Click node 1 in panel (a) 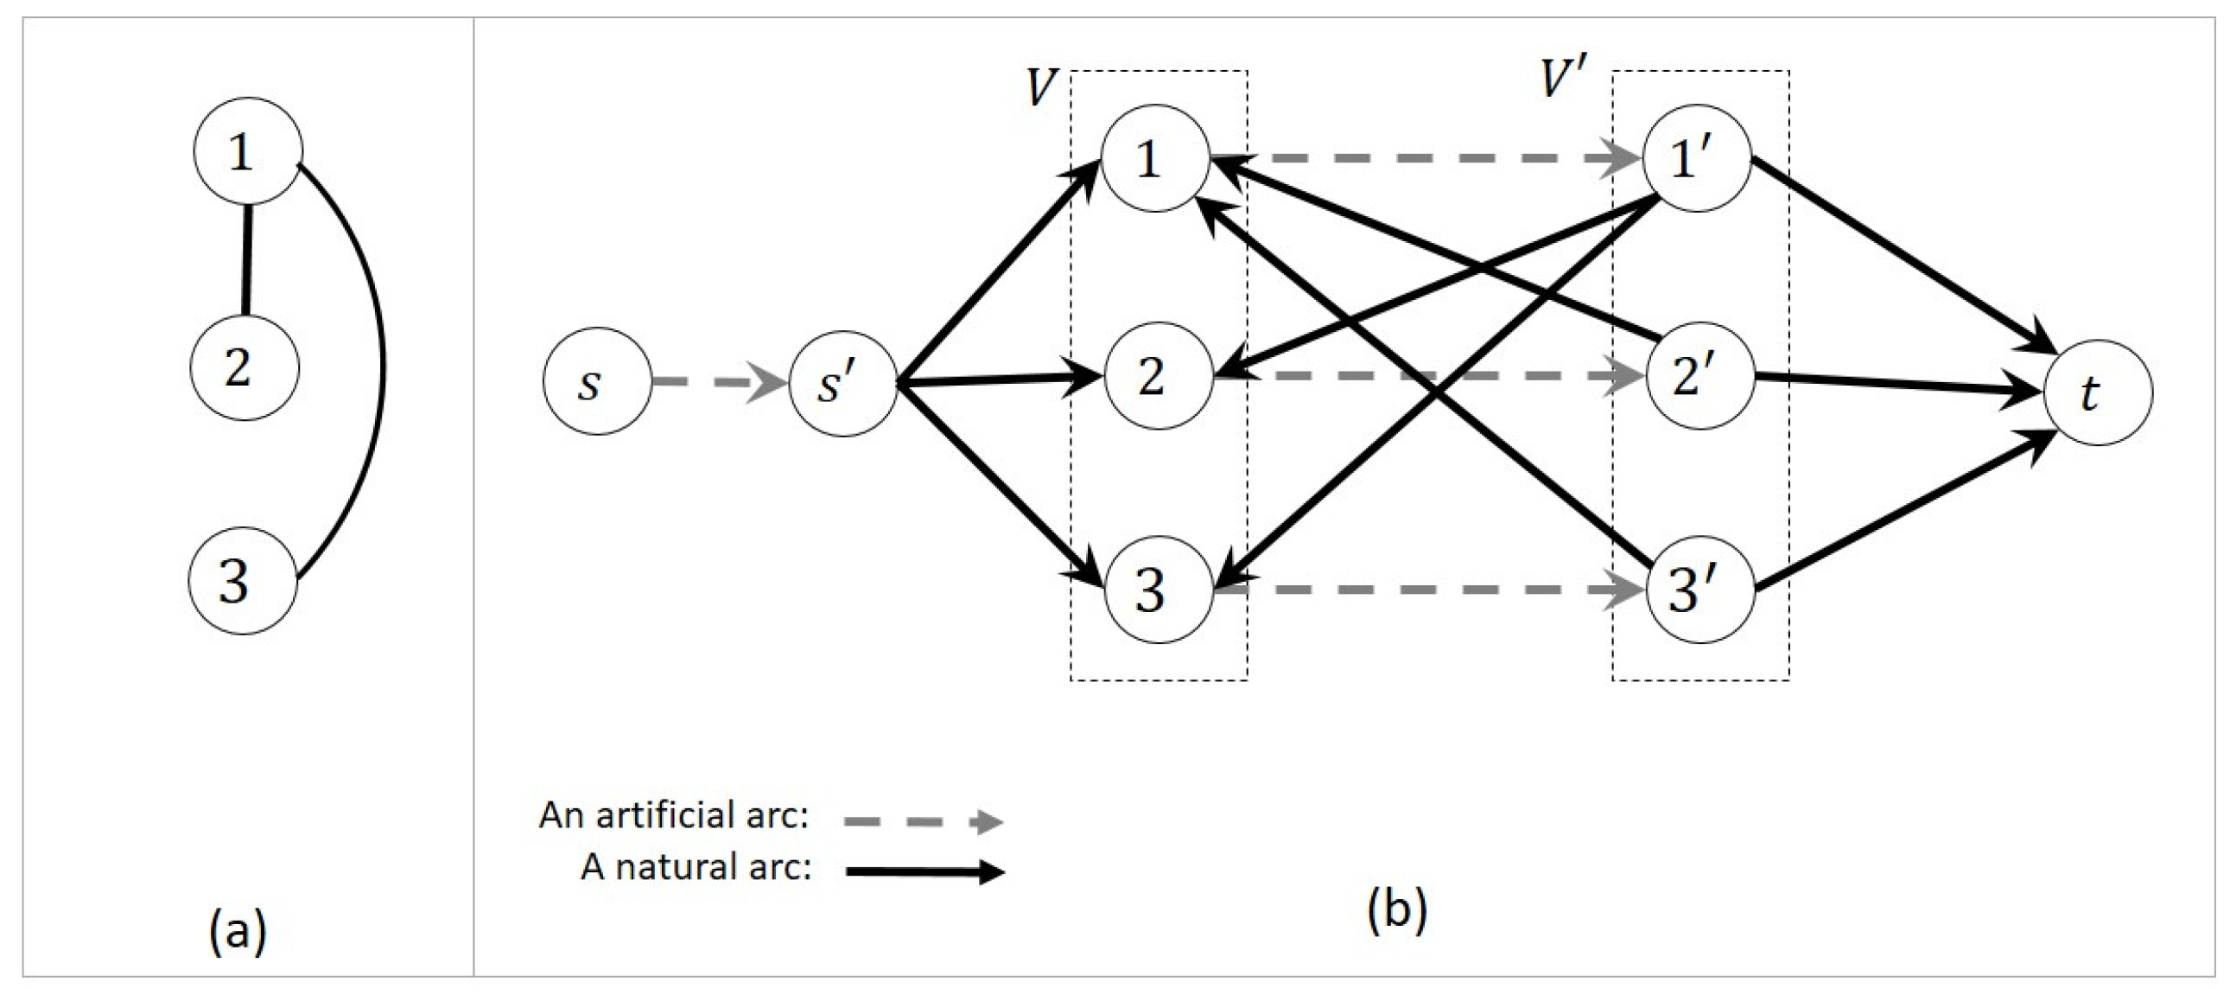point(248,151)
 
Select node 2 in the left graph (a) point(245,368)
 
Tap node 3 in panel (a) point(243,582)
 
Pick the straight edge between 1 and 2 point(248,260)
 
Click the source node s point(597,382)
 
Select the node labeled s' point(842,384)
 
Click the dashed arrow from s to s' point(719,382)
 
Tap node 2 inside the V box point(1158,376)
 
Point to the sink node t point(2097,393)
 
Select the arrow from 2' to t point(1896,385)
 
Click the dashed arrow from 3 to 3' point(1428,590)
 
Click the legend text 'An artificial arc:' point(674,815)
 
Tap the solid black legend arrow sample point(924,871)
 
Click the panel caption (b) point(1397,909)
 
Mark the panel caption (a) point(238,932)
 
